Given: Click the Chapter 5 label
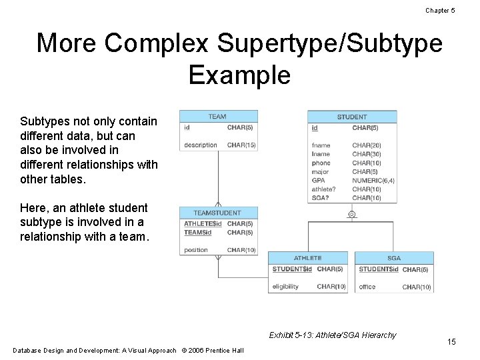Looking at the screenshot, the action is coord(440,10).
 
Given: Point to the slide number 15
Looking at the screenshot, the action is coord(451,342).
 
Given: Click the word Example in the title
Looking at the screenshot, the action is coord(239,75).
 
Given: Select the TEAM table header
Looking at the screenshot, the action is coord(217,117).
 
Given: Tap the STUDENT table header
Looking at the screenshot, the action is coord(352,117).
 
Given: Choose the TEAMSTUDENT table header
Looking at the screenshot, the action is coord(217,213).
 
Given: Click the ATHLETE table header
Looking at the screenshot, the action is coord(307,258).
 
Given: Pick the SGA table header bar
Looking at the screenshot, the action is coord(394,258).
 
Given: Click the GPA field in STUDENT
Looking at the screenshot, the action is coord(319,180).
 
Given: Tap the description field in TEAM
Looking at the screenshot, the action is coord(201,145).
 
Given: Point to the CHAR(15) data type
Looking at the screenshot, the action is coord(241,145).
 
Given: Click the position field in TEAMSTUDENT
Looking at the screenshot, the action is coord(196,250).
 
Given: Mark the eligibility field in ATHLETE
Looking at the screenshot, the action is coord(285,287).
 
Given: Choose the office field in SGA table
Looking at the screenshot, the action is coord(367,287).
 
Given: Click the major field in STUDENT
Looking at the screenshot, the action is coord(320,171).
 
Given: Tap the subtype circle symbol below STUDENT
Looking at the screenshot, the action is coord(351,215).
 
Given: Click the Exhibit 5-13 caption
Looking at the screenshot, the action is coord(332,335).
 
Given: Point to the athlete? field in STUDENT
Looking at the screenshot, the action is coord(323,189).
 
